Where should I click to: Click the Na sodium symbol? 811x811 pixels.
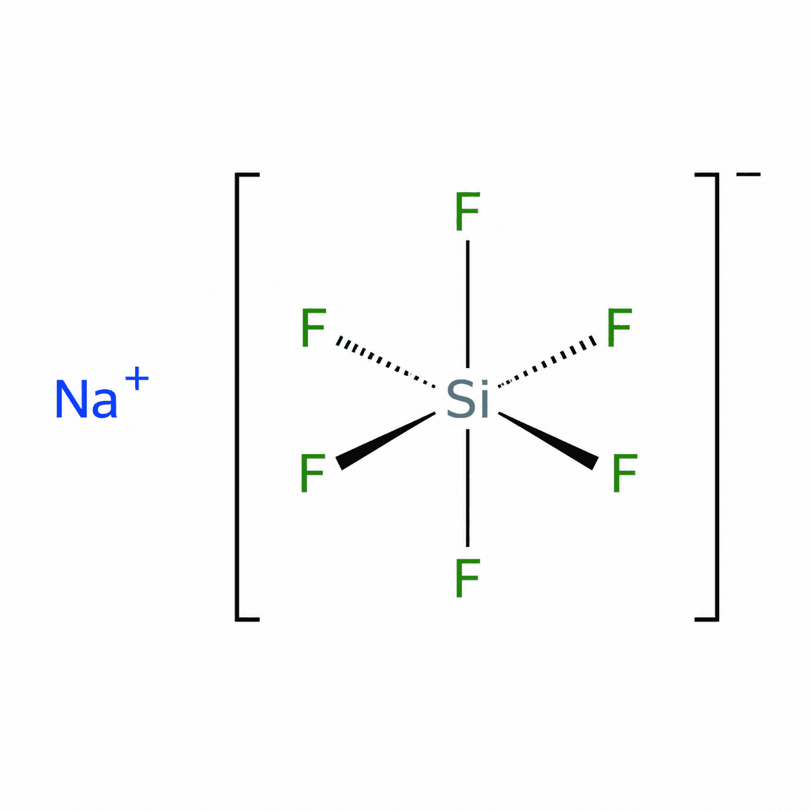[x=86, y=398]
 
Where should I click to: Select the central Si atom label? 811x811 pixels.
[x=468, y=398]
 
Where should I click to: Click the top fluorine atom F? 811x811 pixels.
[x=468, y=211]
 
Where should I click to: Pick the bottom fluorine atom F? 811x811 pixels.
[x=468, y=578]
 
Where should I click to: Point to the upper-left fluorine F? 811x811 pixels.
[x=314, y=328]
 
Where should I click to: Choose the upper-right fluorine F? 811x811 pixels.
[x=619, y=328]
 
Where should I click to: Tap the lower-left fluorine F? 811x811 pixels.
[x=313, y=473]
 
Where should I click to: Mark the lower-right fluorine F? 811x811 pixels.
[x=625, y=473]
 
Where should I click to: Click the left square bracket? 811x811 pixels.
[x=237, y=397]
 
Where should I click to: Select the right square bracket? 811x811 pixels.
[x=717, y=397]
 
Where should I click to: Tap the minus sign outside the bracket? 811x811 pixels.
[x=748, y=174]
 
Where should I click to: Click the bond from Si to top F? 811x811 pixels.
[x=468, y=304]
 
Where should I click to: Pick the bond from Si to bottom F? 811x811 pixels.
[x=468, y=488]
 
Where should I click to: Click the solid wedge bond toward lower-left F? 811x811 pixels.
[x=385, y=440]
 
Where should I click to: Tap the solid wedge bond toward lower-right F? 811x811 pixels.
[x=548, y=440]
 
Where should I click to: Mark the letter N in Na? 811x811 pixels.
[x=70, y=399]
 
